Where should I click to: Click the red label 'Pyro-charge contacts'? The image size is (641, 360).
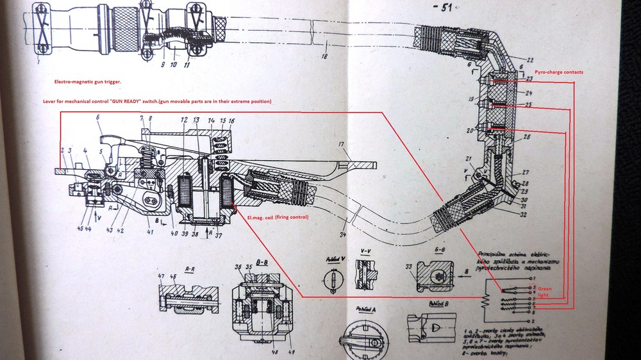click(559, 72)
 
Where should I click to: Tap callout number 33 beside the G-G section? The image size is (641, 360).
click(408, 267)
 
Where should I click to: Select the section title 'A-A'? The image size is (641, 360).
click(190, 271)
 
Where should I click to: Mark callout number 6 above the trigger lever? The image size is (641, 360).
click(98, 117)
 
